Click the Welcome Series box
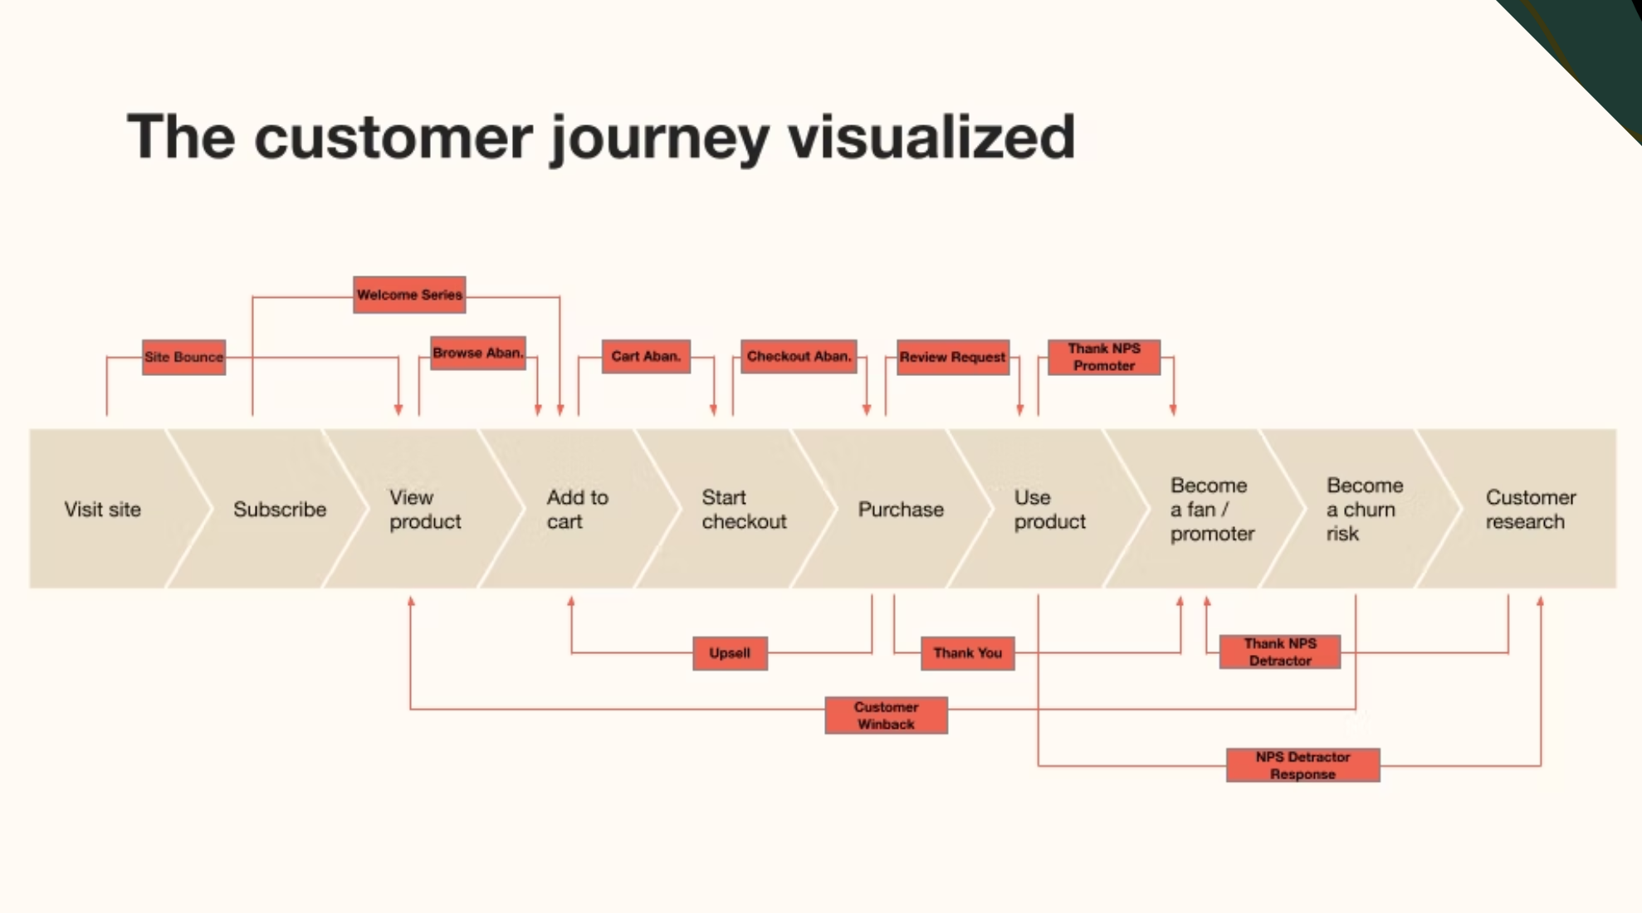click(x=409, y=295)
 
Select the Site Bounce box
click(x=183, y=357)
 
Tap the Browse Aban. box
click(x=478, y=353)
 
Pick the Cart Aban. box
click(x=646, y=356)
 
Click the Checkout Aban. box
click(x=799, y=356)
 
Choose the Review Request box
click(x=952, y=357)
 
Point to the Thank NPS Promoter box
click(x=1103, y=357)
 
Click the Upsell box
click(x=730, y=653)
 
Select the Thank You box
click(x=967, y=653)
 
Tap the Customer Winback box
click(x=886, y=715)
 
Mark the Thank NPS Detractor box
click(x=1279, y=652)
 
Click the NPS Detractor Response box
click(x=1302, y=765)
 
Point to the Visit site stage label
click(x=103, y=509)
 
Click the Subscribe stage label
click(x=280, y=509)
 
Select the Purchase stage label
click(x=901, y=509)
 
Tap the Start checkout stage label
click(x=744, y=509)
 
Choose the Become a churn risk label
click(x=1364, y=509)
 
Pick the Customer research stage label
click(x=1530, y=509)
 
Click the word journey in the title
click(x=660, y=138)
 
